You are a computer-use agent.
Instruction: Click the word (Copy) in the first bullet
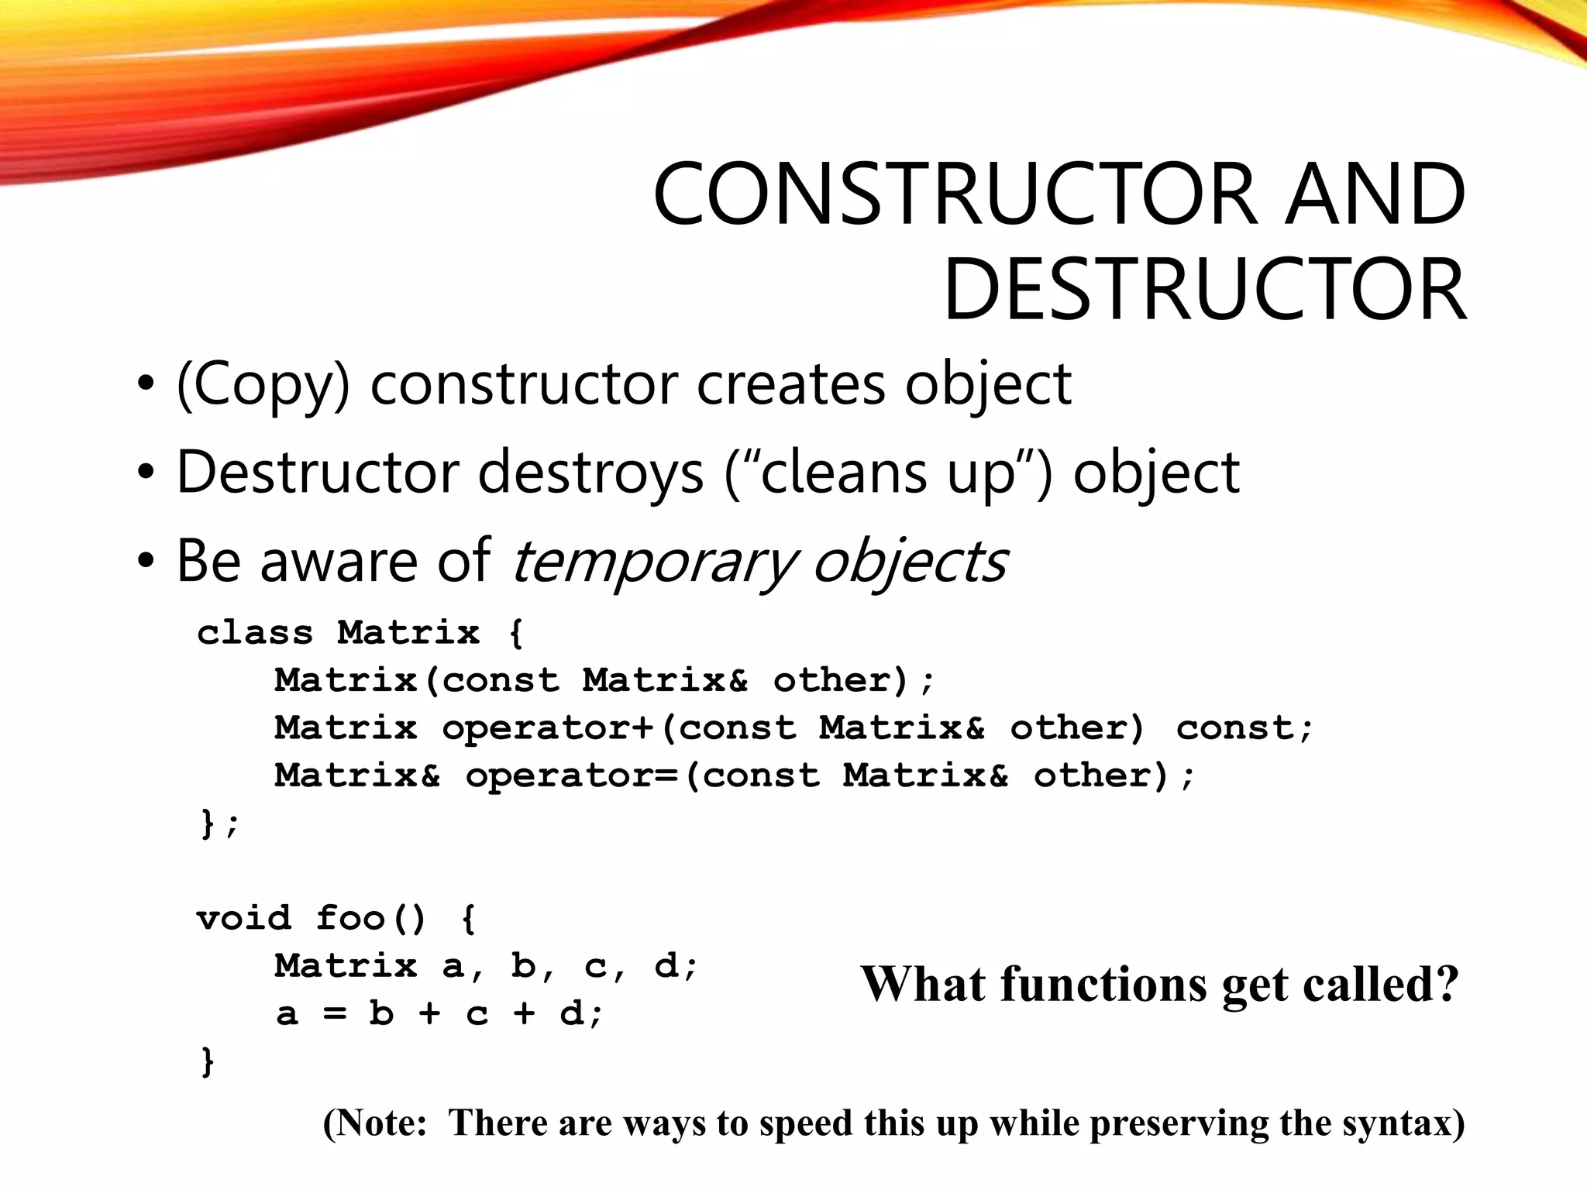pos(263,385)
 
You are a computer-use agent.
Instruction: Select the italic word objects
pos(910,562)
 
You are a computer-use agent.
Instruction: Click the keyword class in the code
pos(255,633)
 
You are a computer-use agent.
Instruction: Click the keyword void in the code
pos(243,919)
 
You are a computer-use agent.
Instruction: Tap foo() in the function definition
pos(370,919)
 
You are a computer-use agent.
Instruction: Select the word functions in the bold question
pos(1103,984)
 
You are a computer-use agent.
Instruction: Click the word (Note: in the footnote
pos(375,1123)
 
